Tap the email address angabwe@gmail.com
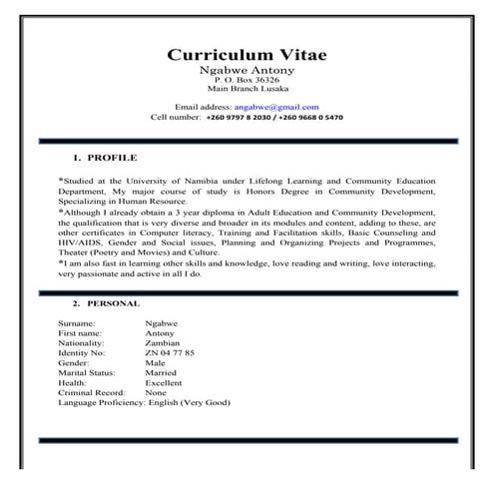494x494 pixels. tap(276, 106)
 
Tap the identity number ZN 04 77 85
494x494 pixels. tap(170, 353)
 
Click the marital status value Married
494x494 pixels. tap(162, 373)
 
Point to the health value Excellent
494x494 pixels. tap(165, 383)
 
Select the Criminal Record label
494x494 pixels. tap(95, 393)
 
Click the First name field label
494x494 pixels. tap(82, 334)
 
